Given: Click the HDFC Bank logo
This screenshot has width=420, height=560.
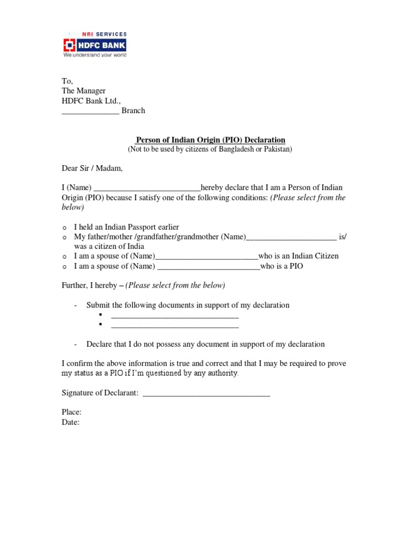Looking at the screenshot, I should point(94,44).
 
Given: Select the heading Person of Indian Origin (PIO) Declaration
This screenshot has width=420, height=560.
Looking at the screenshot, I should point(211,140).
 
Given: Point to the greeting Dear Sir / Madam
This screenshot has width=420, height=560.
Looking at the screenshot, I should point(92,168).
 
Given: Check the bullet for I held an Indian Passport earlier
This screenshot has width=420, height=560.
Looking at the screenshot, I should point(64,227).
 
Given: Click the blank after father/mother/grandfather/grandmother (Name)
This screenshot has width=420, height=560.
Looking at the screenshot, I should point(291,237).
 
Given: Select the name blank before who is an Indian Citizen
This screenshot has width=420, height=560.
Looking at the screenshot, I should point(206,256).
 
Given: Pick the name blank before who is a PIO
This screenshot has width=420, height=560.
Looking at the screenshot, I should point(208,266).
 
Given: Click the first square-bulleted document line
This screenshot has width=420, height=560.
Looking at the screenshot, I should point(174,316).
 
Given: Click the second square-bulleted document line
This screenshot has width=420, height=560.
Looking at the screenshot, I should point(174,326).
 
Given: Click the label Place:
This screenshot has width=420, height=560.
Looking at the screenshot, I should point(72,412).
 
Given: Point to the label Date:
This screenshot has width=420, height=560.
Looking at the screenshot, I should point(71,422).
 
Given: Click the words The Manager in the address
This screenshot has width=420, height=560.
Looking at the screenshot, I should point(84,91).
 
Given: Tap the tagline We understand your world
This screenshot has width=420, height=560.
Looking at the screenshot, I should point(95,55).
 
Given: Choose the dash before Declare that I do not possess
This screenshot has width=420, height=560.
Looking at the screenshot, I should point(75,345).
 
